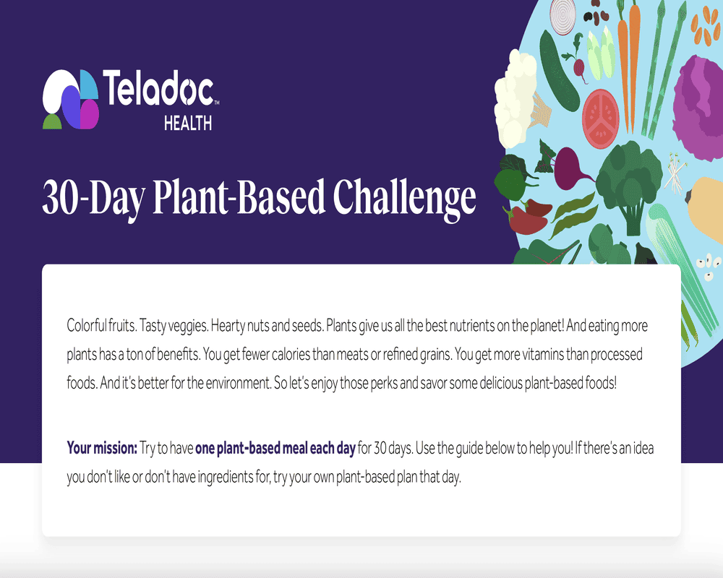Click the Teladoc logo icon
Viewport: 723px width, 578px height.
pyautogui.click(x=69, y=100)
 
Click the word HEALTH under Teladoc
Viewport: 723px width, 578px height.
pyautogui.click(x=188, y=124)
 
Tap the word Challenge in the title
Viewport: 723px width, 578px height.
pyautogui.click(x=404, y=197)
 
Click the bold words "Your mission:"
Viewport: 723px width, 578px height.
pyautogui.click(x=102, y=449)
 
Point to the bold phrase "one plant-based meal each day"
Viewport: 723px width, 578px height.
pyautogui.click(x=275, y=449)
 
